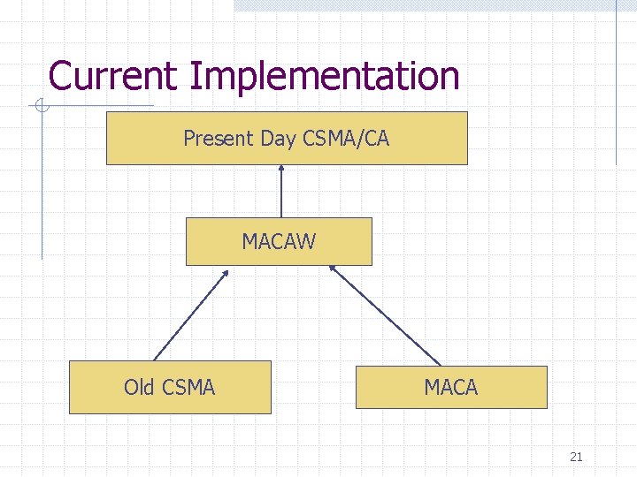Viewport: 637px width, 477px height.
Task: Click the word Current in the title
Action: pos(114,76)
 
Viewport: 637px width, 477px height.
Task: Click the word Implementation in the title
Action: pos(324,78)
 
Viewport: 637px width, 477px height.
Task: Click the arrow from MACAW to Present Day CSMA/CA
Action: pos(281,192)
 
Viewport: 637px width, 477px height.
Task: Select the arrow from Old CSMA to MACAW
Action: pos(191,315)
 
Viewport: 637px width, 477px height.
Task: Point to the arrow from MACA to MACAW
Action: pos(385,315)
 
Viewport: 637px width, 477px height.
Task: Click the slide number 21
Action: pos(576,457)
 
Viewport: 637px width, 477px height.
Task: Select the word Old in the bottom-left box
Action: pos(139,387)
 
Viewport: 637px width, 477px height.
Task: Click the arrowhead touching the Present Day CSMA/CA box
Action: pos(281,170)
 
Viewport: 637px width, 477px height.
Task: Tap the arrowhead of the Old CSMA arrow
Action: pos(225,274)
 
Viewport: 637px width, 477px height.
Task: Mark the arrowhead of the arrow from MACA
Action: pos(334,269)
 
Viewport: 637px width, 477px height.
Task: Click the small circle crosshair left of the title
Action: pos(40,107)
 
